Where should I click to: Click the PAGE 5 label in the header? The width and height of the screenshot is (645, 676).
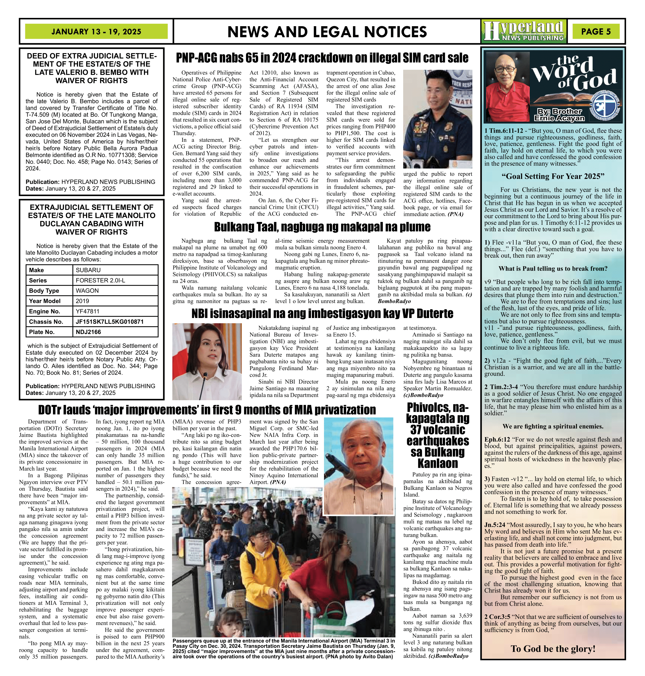(x=596, y=32)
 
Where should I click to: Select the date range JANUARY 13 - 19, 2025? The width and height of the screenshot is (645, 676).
(x=96, y=32)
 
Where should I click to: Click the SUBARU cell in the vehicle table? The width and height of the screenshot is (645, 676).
(x=88, y=270)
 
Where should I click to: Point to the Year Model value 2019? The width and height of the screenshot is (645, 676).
(x=82, y=301)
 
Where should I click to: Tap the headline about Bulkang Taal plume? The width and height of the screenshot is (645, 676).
(x=322, y=227)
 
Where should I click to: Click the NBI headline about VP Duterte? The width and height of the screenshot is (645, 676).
(x=322, y=314)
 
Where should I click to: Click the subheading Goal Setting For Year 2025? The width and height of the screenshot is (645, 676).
(x=553, y=177)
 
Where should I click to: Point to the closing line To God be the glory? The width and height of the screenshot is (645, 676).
(x=553, y=649)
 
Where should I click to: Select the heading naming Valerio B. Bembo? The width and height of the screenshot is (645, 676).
(x=92, y=68)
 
